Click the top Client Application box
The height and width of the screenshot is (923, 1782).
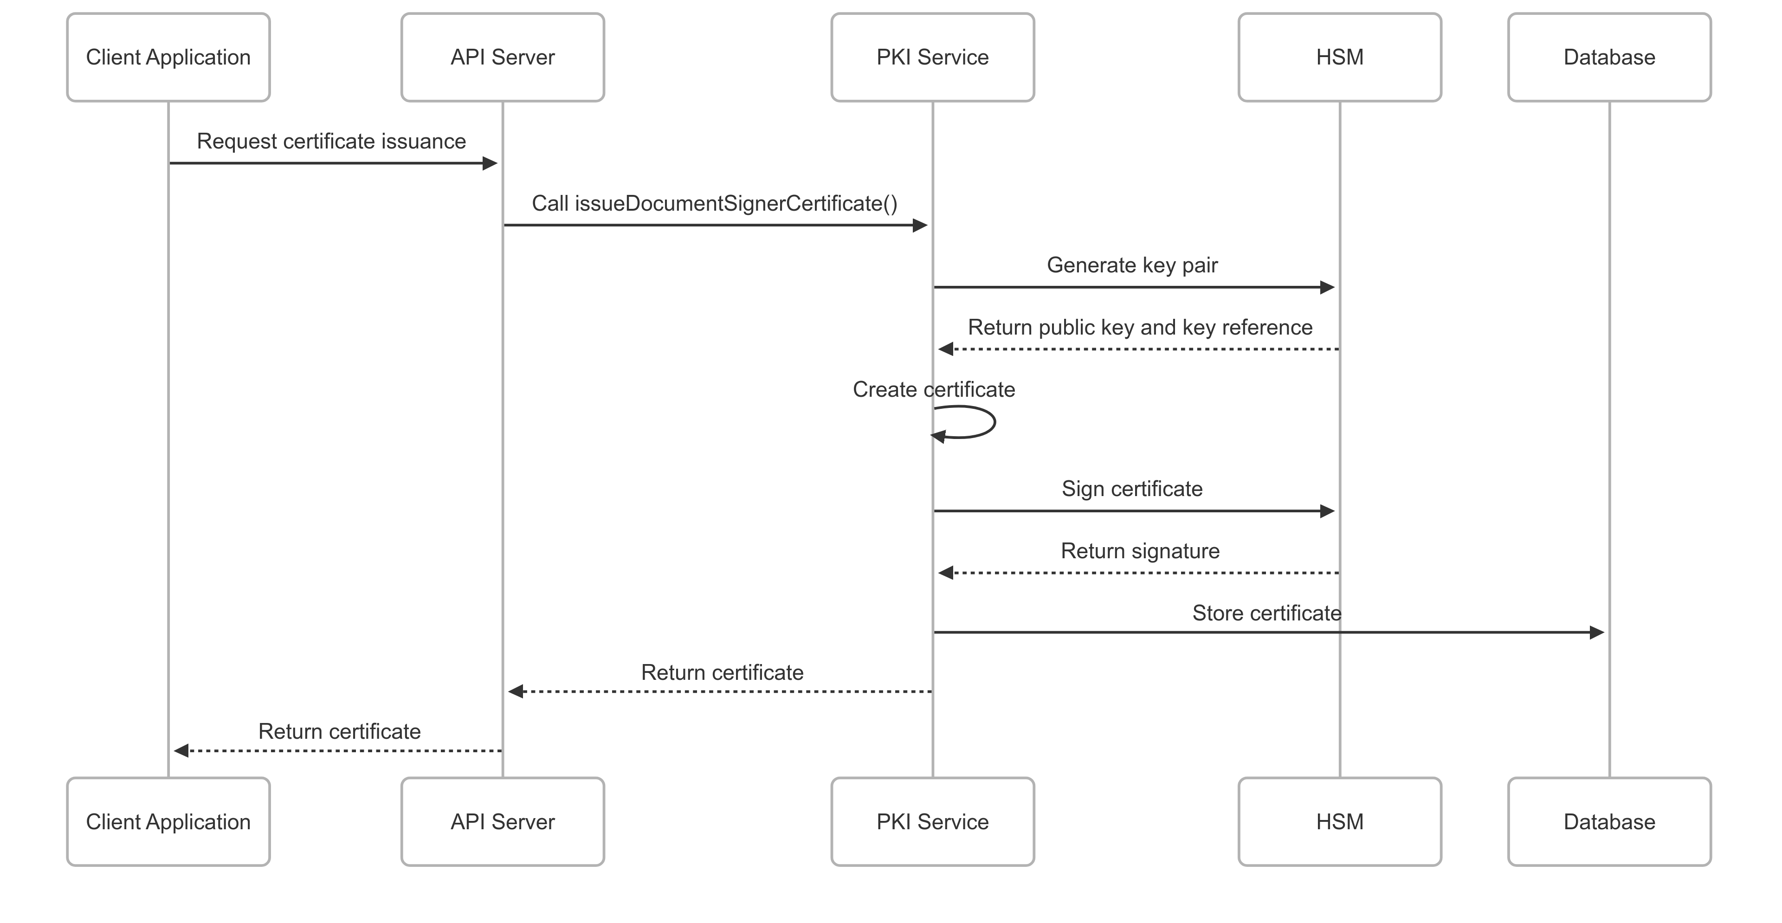point(168,58)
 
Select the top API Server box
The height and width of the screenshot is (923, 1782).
point(502,58)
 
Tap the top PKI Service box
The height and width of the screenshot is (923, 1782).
point(932,58)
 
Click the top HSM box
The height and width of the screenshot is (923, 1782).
point(1339,58)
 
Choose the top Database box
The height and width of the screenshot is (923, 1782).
point(1609,58)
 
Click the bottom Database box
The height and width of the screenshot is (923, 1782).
point(1609,821)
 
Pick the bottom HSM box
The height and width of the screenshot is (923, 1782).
point(1339,821)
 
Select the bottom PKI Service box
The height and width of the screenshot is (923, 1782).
point(932,821)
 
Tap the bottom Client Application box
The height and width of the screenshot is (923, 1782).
point(168,821)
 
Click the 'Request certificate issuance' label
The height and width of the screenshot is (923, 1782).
point(331,141)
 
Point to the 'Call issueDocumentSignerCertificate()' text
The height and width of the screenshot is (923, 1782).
point(715,203)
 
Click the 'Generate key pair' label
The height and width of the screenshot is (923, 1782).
point(1132,265)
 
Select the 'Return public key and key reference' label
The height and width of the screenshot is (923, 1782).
point(1140,327)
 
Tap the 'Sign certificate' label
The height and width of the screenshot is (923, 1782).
point(1132,489)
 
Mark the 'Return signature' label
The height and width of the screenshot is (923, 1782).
point(1140,551)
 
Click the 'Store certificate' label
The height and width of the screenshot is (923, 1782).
point(1266,613)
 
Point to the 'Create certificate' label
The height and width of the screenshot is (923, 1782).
point(934,389)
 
